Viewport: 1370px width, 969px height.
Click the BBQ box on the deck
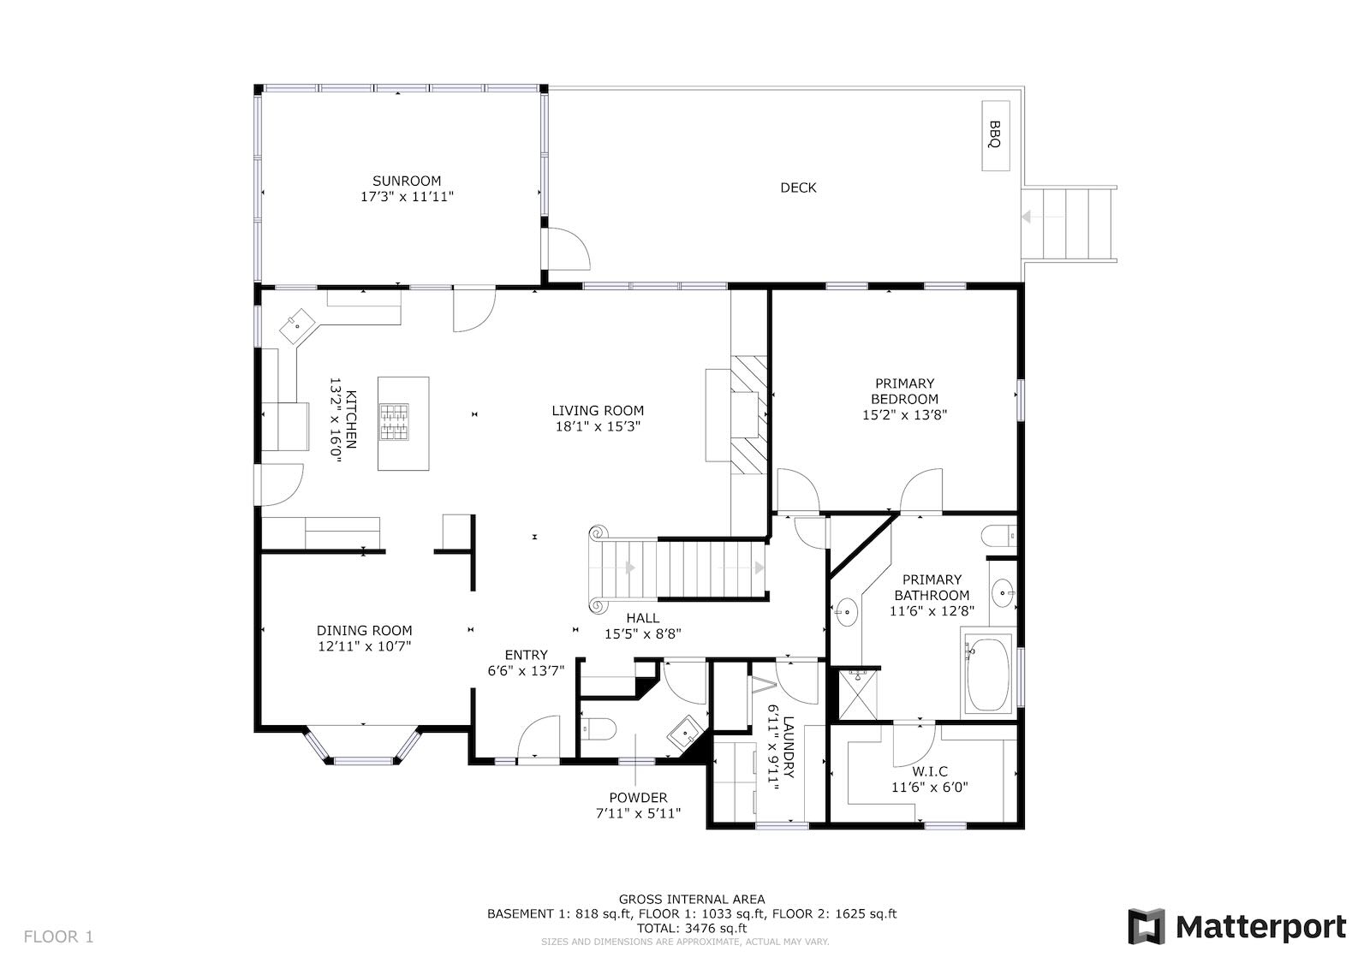pos(995,136)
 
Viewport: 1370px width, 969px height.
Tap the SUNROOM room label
pos(407,181)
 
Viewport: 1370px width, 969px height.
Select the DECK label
pos(798,187)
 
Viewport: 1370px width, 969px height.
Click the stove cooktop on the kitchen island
pos(395,422)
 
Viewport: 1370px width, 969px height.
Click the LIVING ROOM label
pos(598,411)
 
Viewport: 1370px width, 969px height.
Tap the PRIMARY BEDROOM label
pos(904,391)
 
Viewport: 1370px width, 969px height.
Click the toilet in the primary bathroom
pos(998,536)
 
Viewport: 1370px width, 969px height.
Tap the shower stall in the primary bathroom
pos(857,695)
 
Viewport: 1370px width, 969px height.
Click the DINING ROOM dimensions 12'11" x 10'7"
pos(365,646)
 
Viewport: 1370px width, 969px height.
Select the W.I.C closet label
pos(930,772)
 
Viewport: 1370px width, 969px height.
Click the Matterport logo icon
pos(1147,927)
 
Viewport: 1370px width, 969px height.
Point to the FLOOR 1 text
pos(59,936)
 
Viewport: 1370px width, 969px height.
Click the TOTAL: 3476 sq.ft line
pos(692,928)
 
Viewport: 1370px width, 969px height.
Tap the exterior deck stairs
pos(1070,223)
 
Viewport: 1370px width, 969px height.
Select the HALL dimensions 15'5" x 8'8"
pos(643,634)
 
